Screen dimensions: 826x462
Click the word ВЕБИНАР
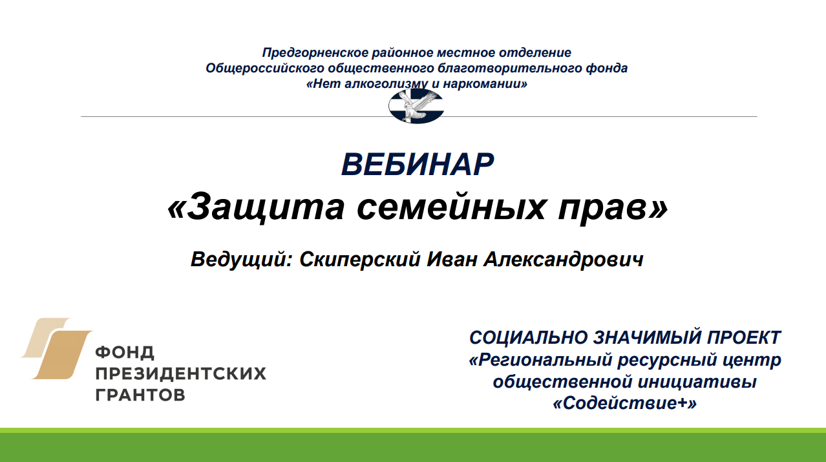[x=418, y=165]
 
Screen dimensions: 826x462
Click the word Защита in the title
[x=266, y=207]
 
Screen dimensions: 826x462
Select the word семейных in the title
[x=450, y=207]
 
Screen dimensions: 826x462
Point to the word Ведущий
[x=238, y=259]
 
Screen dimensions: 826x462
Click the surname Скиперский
[x=360, y=259]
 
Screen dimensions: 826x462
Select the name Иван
[x=452, y=259]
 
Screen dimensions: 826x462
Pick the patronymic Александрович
[x=564, y=259]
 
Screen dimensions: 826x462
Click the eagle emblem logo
[x=416, y=106]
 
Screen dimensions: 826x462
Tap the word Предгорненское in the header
[x=315, y=53]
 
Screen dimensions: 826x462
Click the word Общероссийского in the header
[x=265, y=68]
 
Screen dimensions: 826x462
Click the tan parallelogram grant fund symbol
[x=56, y=348]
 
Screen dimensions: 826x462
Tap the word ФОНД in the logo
[x=125, y=353]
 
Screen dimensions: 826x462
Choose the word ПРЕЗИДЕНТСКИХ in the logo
[x=181, y=373]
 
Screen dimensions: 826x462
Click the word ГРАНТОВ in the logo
[x=140, y=395]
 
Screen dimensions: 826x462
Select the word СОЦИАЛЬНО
[x=529, y=338]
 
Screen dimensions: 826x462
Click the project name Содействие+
[x=624, y=403]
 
